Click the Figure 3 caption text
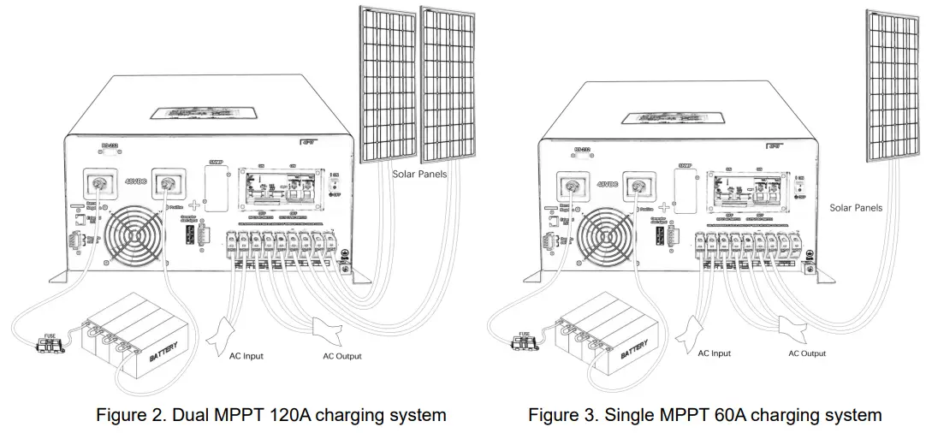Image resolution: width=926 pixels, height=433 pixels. pos(704,415)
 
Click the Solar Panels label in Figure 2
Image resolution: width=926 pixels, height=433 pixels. pos(420,174)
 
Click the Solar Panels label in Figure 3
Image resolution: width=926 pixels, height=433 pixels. pos(856,207)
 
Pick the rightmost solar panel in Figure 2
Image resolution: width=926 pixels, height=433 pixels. pos(448,82)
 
